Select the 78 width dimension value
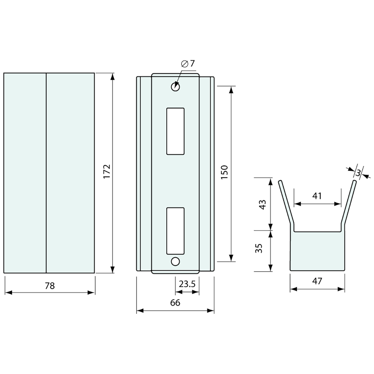[x=50, y=286]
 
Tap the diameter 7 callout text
[x=188, y=63]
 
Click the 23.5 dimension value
[x=187, y=284]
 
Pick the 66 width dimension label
[x=175, y=302]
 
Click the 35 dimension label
[x=259, y=248]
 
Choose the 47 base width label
[x=317, y=281]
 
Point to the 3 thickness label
[x=358, y=173]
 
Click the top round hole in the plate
[x=175, y=87]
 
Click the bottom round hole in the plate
[x=175, y=261]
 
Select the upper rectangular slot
[x=175, y=131]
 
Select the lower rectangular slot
[x=175, y=231]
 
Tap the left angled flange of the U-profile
[x=286, y=203]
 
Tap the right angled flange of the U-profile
[x=349, y=203]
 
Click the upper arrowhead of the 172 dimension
[x=113, y=76]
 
